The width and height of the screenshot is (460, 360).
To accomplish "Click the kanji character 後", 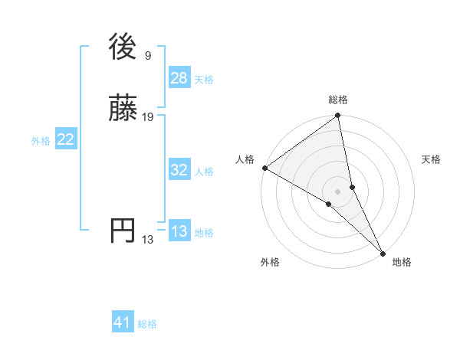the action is [123, 47].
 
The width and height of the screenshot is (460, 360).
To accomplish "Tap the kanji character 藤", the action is [123, 109].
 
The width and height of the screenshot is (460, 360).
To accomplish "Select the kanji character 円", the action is [123, 231].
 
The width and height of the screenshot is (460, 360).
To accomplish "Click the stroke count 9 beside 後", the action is [147, 56].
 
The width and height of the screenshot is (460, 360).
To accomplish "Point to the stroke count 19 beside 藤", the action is [148, 117].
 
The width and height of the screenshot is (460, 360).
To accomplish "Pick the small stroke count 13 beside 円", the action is [147, 240].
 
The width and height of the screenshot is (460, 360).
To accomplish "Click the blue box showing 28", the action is [179, 78].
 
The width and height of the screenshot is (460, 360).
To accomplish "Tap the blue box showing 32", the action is [179, 170].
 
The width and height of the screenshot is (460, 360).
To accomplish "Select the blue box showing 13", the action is [179, 231].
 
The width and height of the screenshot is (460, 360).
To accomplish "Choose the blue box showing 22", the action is [66, 139].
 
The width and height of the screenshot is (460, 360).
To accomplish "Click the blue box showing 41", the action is [123, 323].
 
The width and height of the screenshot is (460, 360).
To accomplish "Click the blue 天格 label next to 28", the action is [204, 80].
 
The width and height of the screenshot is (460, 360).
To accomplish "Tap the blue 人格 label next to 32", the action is [204, 172].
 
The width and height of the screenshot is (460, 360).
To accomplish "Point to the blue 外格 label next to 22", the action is [41, 141].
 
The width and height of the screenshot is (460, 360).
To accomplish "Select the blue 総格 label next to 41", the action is [147, 325].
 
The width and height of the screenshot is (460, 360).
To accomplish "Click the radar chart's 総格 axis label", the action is [338, 100].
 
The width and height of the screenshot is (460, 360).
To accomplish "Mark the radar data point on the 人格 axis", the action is [264, 168].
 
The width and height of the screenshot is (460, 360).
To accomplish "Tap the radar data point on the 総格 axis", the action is [338, 116].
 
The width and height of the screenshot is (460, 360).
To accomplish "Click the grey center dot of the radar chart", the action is [338, 191].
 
